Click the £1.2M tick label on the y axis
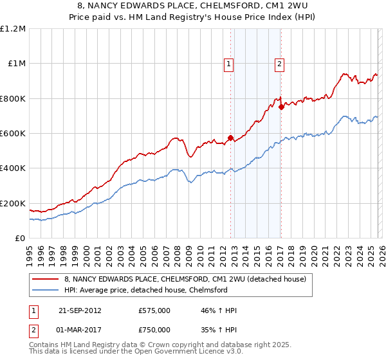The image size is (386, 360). pos(14,28)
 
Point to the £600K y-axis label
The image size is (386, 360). pos(13,133)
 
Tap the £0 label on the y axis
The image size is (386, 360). pos(21,238)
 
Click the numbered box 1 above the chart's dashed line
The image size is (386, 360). pos(229,64)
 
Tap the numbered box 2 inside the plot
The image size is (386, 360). pos(280,64)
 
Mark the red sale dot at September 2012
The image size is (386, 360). pos(230,138)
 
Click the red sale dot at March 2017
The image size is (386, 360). pos(281,107)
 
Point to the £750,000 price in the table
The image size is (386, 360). pos(154,329)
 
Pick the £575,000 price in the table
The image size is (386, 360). pos(154,310)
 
